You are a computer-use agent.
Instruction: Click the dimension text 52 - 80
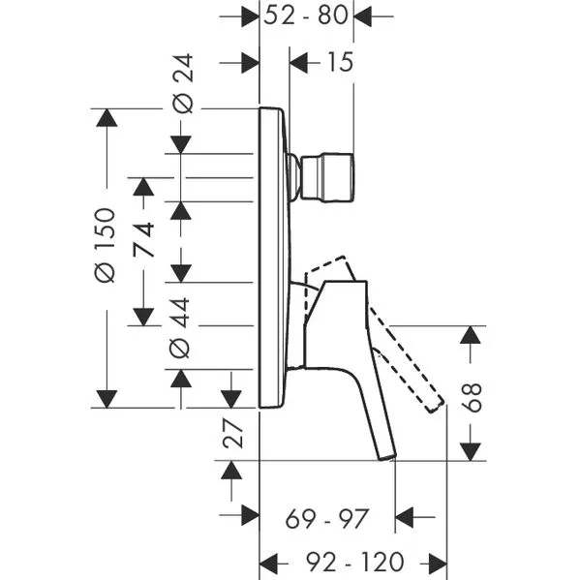[x=306, y=15]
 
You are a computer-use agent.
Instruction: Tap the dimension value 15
[x=340, y=62]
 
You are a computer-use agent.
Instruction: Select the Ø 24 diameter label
[x=183, y=83]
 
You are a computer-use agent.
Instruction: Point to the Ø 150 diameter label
[x=105, y=245]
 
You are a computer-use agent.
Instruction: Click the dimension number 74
[x=144, y=239]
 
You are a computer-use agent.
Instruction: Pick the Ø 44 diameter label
[x=179, y=327]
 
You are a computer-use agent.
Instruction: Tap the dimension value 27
[x=232, y=433]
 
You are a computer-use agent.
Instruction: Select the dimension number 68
[x=472, y=398]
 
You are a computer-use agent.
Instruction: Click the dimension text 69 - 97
[x=327, y=519]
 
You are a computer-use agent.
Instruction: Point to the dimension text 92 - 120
[x=354, y=562]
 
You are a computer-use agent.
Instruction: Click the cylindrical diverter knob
[x=327, y=178]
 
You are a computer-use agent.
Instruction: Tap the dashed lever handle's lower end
[x=435, y=406]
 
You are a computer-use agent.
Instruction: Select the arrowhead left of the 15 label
[x=298, y=63]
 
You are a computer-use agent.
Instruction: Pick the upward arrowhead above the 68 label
[x=471, y=335]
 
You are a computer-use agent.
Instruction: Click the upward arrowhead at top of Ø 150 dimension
[x=107, y=117]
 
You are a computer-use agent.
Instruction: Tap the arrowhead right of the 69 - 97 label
[x=404, y=517]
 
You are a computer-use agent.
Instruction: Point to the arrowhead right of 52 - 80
[x=362, y=16]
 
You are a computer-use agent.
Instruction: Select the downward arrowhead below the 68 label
[x=471, y=452]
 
